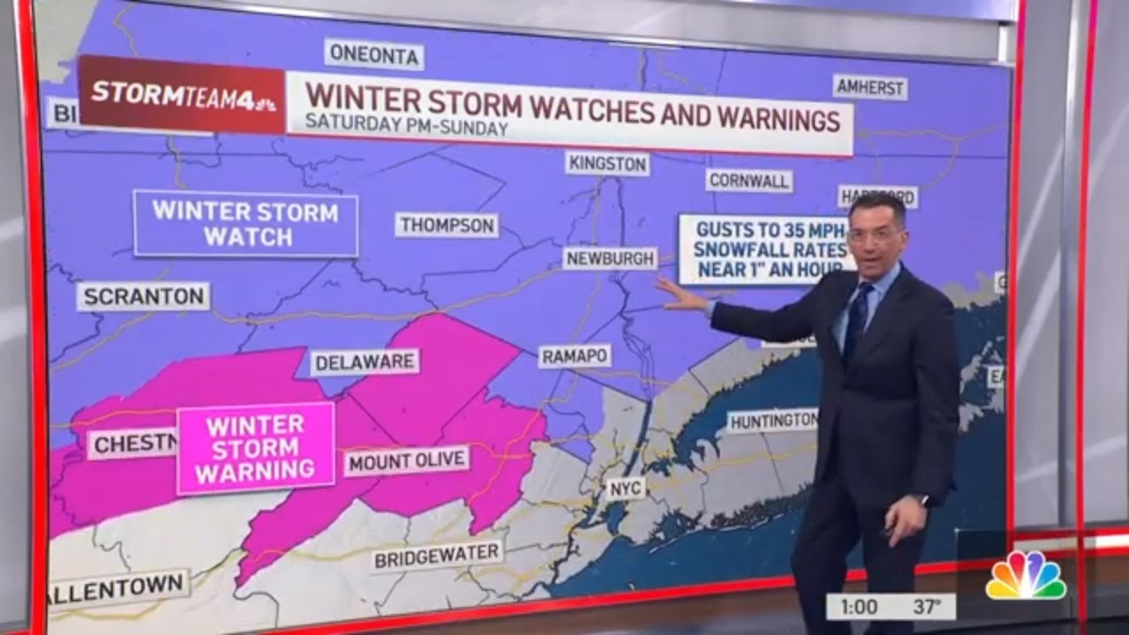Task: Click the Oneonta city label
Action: tap(374, 55)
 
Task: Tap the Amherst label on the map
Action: tap(870, 87)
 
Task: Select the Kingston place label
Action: tap(608, 163)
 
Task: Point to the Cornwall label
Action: tap(749, 181)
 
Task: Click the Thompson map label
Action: tap(447, 225)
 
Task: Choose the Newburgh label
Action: tap(610, 258)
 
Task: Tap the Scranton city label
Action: tap(143, 296)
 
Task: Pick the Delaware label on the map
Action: tap(364, 362)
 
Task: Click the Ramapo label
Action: tap(575, 356)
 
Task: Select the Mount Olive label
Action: tap(407, 460)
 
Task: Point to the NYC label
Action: tap(624, 488)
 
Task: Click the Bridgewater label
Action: tap(437, 555)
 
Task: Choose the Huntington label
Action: tap(773, 422)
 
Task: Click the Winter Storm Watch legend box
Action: tap(246, 224)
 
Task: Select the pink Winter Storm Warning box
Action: tap(256, 448)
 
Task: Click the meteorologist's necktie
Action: tap(856, 321)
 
